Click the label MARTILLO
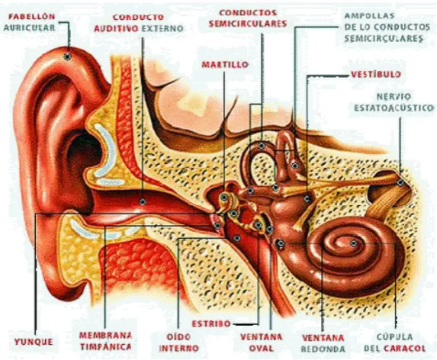(x=225, y=65)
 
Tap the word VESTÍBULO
(x=376, y=75)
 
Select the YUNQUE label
(x=34, y=342)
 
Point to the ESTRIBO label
(x=211, y=323)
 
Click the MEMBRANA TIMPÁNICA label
(x=105, y=341)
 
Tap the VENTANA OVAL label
(x=261, y=342)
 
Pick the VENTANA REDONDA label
(x=323, y=343)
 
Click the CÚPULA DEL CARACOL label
(x=394, y=342)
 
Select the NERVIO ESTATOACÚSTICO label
(x=394, y=102)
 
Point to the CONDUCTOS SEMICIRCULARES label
(x=248, y=18)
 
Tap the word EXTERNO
(x=162, y=28)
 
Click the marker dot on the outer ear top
(x=67, y=56)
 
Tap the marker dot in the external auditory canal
(x=143, y=201)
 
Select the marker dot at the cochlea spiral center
(x=353, y=243)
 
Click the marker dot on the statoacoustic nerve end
(x=400, y=183)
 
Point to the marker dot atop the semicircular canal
(x=262, y=146)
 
